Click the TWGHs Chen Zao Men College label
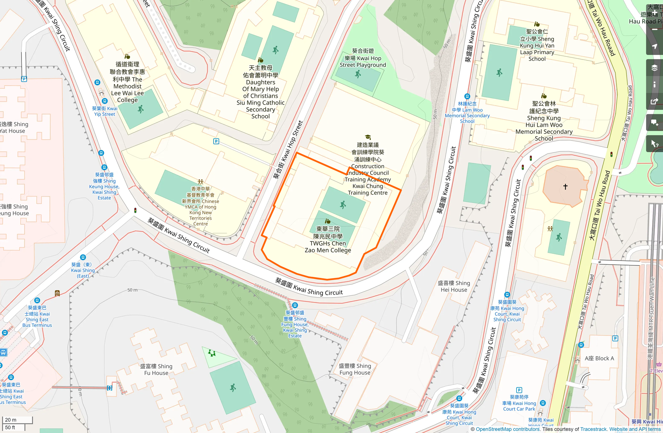pos(328,240)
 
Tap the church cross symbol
pos(565,187)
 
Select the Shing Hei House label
pos(454,286)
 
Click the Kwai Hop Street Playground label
pos(363,58)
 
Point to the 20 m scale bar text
pos(11,420)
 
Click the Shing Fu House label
pos(156,370)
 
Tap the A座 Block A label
pos(599,358)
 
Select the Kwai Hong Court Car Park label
pos(519,403)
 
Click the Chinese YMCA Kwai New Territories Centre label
pos(201,206)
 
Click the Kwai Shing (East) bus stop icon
pos(83,257)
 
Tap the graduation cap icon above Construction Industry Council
pos(368,137)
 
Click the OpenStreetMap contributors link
pos(507,429)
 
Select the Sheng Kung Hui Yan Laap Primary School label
pos(537,45)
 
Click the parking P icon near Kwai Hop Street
pos(216,141)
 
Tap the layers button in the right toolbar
pos(654,68)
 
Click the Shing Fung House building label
pos(355,369)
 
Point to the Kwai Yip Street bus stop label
pos(105,111)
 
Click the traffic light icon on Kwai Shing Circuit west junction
pos(135,211)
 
